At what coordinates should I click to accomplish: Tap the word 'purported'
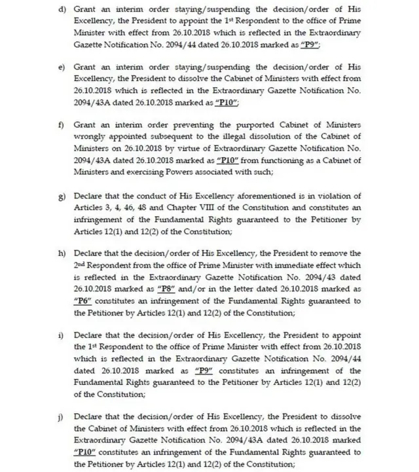[225, 124]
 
